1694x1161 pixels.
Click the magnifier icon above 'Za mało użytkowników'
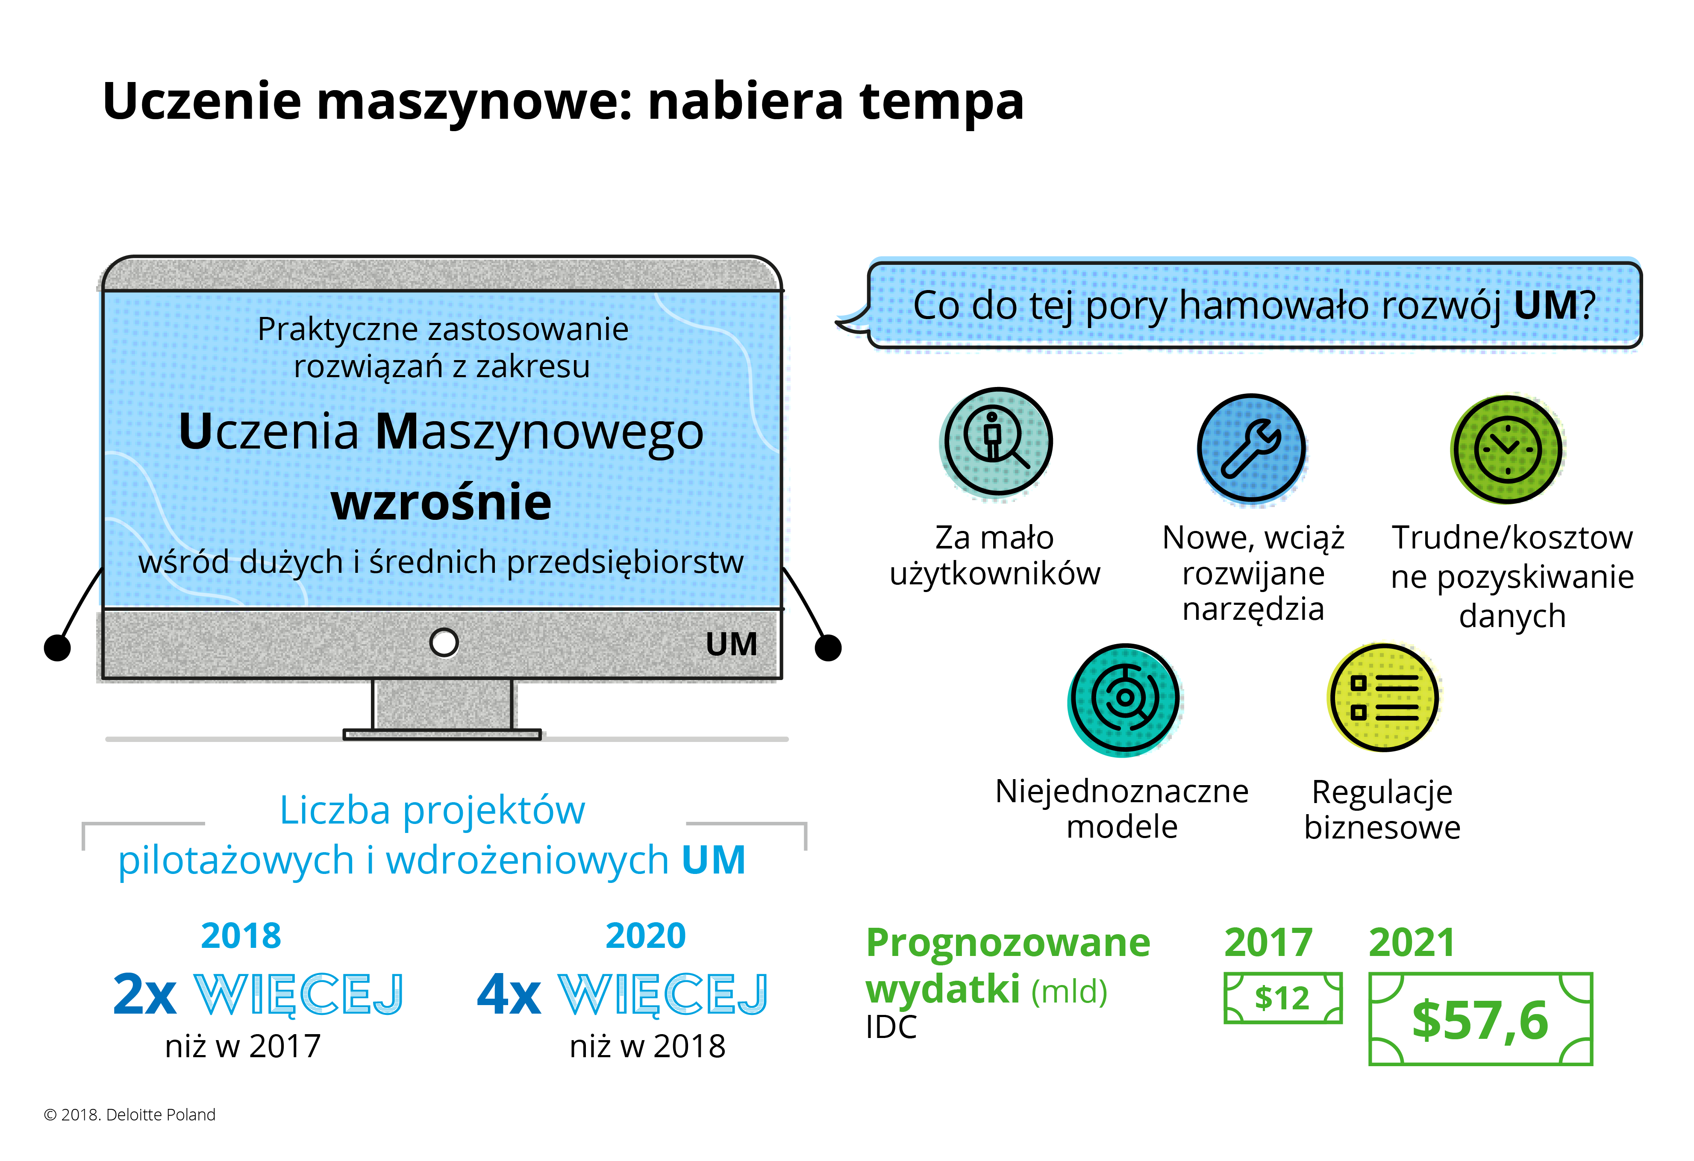pyautogui.click(x=997, y=443)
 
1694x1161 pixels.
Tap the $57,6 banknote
pyautogui.click(x=1480, y=1019)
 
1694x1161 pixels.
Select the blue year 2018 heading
pyautogui.click(x=241, y=936)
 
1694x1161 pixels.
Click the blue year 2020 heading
pyautogui.click(x=646, y=936)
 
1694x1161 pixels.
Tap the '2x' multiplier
pyautogui.click(x=145, y=994)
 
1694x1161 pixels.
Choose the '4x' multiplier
pyautogui.click(x=509, y=994)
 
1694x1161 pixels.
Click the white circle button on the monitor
pyautogui.click(x=444, y=642)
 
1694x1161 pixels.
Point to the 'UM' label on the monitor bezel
pyautogui.click(x=731, y=644)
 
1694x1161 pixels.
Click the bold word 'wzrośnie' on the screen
pyautogui.click(x=442, y=502)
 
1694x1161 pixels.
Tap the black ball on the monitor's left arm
pyautogui.click(x=58, y=647)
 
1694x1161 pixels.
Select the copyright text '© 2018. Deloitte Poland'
pyautogui.click(x=130, y=1114)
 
